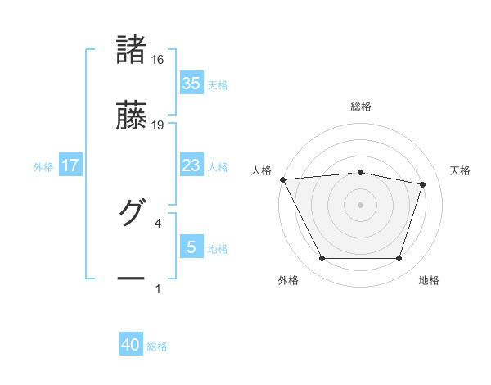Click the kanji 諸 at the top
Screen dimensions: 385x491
coord(132,49)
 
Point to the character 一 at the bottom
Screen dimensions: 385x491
coord(132,279)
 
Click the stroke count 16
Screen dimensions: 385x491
coord(158,60)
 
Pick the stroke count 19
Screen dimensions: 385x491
coord(158,125)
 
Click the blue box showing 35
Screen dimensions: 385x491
coord(191,84)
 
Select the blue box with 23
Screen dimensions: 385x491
coord(191,165)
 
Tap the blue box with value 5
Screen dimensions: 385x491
coord(191,247)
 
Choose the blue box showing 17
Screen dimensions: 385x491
coord(70,165)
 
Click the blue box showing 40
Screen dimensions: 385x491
coord(131,346)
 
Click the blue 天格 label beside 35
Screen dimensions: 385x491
coord(218,85)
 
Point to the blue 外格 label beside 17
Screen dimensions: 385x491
coord(43,167)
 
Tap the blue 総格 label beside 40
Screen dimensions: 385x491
coord(157,347)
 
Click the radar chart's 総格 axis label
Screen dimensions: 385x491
coord(361,106)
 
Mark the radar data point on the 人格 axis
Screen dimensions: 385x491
coord(282,179)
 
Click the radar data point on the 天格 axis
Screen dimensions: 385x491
coord(423,184)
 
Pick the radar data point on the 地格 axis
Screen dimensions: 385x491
coord(399,259)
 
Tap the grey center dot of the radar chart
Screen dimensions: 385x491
coord(361,205)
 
